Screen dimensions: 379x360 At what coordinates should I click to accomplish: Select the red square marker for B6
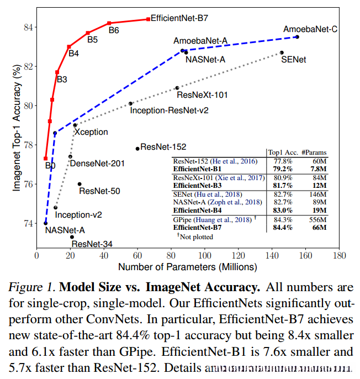coord(109,23)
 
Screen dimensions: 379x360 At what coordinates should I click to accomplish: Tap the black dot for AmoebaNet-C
coord(297,37)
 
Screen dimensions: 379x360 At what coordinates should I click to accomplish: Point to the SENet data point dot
coord(282,52)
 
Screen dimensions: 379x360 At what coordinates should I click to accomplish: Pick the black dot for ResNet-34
coord(72,237)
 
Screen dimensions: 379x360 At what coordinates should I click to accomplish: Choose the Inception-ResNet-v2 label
coord(169,110)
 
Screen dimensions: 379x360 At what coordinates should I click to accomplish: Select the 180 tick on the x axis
coord(338,256)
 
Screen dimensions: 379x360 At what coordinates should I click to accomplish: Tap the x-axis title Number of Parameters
coord(188,267)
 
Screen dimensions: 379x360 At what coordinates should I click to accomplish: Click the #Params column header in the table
coord(315,151)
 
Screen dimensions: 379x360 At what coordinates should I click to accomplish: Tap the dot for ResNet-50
coord(80,184)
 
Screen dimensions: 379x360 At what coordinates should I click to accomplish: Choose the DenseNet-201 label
coord(97,163)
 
